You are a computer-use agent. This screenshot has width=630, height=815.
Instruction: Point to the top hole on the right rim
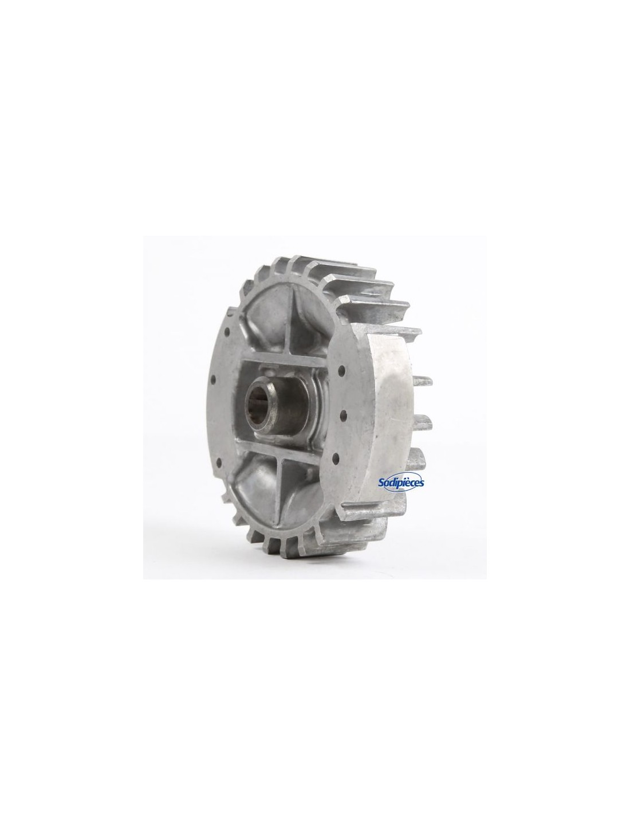tap(341, 370)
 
